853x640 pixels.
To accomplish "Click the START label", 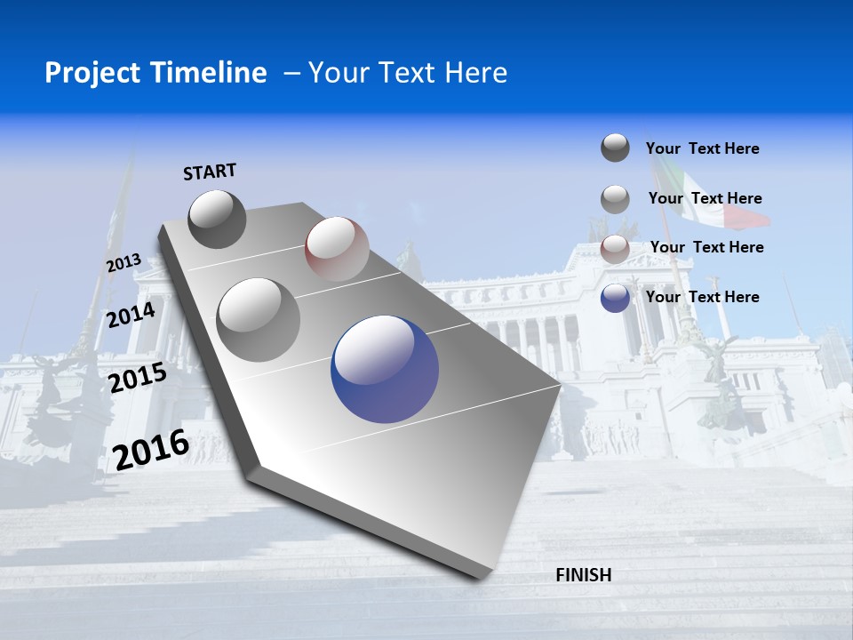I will click(x=210, y=172).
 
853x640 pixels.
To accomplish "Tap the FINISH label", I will click(x=584, y=575).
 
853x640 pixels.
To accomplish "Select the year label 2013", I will click(x=124, y=263).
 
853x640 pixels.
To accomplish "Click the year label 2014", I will click(x=131, y=316).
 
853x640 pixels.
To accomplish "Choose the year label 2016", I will click(x=151, y=449).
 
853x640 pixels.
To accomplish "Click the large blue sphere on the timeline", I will click(x=385, y=369).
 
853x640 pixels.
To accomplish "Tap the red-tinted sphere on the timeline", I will click(x=337, y=249).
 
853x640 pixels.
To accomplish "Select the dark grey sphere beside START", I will click(x=218, y=219).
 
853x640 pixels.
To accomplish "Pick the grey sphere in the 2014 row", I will click(x=259, y=319).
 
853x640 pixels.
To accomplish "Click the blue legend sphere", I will click(x=615, y=298).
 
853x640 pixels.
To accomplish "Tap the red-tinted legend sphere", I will click(x=615, y=249).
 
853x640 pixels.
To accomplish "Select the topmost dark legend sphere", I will click(x=615, y=148).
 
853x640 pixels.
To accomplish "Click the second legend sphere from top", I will click(x=615, y=199).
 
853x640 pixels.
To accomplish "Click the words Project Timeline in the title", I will click(x=155, y=73).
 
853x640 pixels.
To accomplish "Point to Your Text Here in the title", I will click(x=408, y=73).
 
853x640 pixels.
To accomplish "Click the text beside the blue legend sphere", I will click(x=703, y=297).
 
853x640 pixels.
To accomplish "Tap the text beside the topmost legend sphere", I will click(x=703, y=148).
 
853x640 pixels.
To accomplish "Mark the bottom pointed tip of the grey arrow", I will click(x=481, y=575).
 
